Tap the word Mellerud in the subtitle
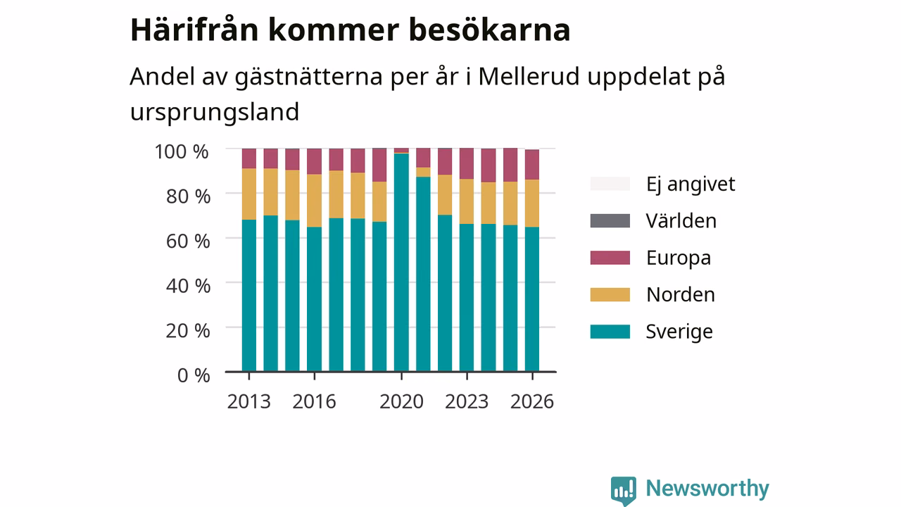(x=529, y=76)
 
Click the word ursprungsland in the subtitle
(x=215, y=113)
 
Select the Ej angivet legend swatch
(x=610, y=184)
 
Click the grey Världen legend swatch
(x=610, y=221)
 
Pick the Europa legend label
(x=679, y=258)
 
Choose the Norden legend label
(x=681, y=294)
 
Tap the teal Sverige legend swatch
(x=610, y=332)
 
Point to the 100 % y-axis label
(x=182, y=152)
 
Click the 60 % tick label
(x=188, y=242)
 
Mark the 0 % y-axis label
(x=194, y=375)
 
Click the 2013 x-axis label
(x=248, y=401)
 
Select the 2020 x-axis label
(x=401, y=401)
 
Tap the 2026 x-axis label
(x=532, y=401)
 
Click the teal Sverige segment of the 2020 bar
(x=401, y=263)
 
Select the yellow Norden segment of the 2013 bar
(x=249, y=194)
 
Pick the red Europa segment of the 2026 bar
(x=532, y=165)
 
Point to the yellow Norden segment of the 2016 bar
(x=314, y=201)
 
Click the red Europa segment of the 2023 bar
(x=467, y=163)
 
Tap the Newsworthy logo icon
(x=623, y=491)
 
